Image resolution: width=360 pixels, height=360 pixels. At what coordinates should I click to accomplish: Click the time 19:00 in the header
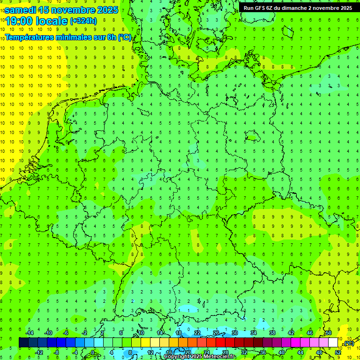21,21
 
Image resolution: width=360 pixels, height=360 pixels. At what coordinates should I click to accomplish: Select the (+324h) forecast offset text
83,21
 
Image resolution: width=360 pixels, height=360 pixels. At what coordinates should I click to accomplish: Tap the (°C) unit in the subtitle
125,37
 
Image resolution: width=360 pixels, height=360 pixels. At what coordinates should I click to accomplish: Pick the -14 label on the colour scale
30,333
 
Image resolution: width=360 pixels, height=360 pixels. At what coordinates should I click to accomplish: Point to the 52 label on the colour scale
338,352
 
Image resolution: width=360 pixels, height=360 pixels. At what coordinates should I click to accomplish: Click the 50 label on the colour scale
329,333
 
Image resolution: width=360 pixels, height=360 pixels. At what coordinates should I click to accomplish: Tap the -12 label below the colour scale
39,352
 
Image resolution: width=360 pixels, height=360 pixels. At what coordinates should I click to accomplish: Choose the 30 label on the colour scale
234,333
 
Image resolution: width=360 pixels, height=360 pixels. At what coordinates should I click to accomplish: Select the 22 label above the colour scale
197,333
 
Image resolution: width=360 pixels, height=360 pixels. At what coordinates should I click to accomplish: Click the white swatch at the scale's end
333,343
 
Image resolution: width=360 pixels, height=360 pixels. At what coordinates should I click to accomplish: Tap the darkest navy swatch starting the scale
23,343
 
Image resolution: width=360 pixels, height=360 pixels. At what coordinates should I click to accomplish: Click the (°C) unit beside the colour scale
348,344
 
